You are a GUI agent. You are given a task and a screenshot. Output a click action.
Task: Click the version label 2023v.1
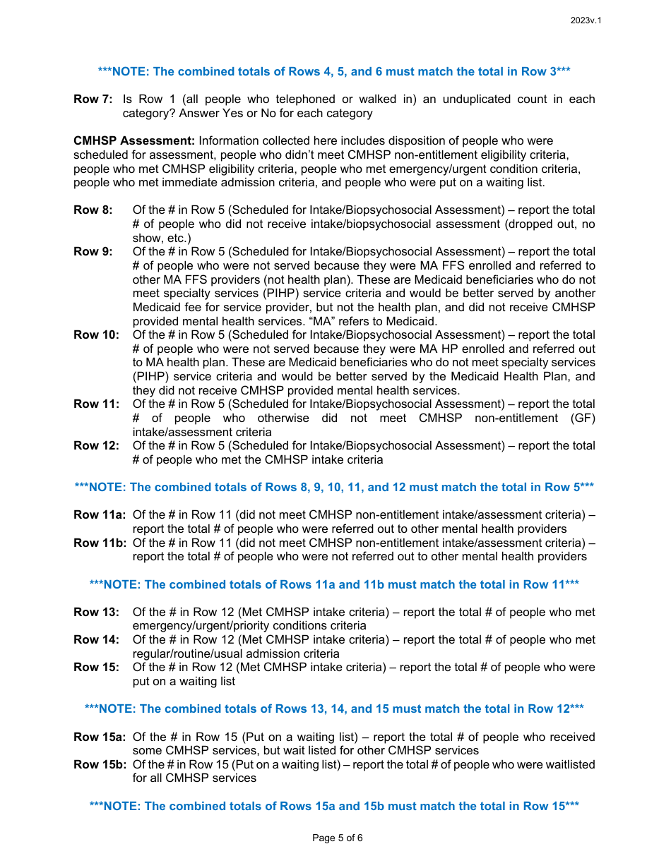point(586,20)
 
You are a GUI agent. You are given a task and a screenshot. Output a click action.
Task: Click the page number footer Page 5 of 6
point(337,838)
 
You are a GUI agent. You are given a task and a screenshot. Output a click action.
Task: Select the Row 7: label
point(93,100)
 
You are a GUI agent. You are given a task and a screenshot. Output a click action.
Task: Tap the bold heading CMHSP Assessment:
point(134,141)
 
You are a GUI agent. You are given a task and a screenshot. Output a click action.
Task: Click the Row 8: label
point(93,210)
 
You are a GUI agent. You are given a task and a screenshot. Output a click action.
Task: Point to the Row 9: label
point(93,252)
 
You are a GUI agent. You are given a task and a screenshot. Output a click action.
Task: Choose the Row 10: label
point(96,335)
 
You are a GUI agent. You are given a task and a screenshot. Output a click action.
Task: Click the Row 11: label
point(96,404)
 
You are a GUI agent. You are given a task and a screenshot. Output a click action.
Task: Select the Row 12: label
point(96,446)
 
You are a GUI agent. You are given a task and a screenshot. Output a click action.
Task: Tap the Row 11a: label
point(100,515)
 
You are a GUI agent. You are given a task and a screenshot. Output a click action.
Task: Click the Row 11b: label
point(100,543)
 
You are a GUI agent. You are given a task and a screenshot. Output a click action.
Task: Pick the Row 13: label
point(96,613)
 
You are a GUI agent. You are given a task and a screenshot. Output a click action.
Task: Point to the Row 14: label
point(96,640)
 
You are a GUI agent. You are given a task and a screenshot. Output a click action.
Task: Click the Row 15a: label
point(100,737)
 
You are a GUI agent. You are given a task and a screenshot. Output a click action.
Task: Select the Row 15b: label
point(100,765)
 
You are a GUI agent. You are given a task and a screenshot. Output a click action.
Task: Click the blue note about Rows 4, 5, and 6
point(334,72)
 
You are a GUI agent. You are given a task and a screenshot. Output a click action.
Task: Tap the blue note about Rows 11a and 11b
point(334,585)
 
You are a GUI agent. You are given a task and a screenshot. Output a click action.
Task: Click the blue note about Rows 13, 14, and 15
point(334,709)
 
